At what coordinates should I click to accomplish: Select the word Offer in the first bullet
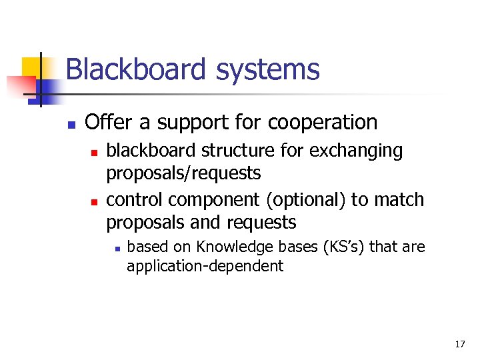click(x=104, y=123)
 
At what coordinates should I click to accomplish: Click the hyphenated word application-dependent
click(x=205, y=266)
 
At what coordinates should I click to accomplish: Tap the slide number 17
click(x=460, y=344)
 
